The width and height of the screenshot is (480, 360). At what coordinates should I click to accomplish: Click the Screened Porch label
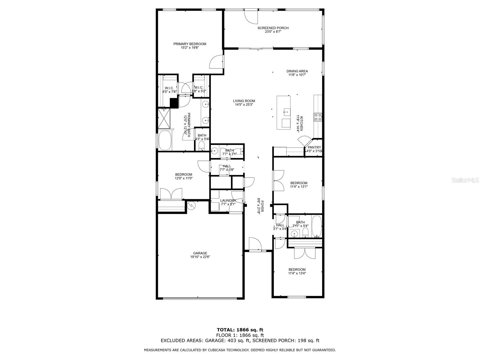(273, 28)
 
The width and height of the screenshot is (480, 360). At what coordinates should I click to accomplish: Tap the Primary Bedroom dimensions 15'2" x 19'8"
(190, 48)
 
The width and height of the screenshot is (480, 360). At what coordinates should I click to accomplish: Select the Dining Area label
(297, 71)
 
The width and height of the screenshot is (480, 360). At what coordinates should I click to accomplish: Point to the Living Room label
(244, 101)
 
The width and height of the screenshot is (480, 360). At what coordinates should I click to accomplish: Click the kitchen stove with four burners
(318, 117)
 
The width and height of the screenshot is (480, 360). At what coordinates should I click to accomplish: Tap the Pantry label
(314, 147)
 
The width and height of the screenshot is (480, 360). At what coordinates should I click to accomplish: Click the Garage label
(200, 253)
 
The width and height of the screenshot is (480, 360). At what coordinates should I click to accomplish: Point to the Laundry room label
(228, 201)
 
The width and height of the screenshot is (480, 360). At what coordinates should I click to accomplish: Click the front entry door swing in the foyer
(255, 244)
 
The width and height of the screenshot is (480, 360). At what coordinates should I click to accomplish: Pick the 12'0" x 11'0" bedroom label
(184, 174)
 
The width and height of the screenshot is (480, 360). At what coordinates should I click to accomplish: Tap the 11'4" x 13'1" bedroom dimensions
(299, 187)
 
